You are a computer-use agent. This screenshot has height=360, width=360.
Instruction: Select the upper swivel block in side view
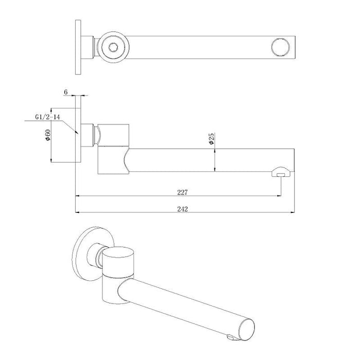[x=114, y=134]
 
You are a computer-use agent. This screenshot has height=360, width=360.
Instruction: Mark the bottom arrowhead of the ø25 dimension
[x=215, y=169]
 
